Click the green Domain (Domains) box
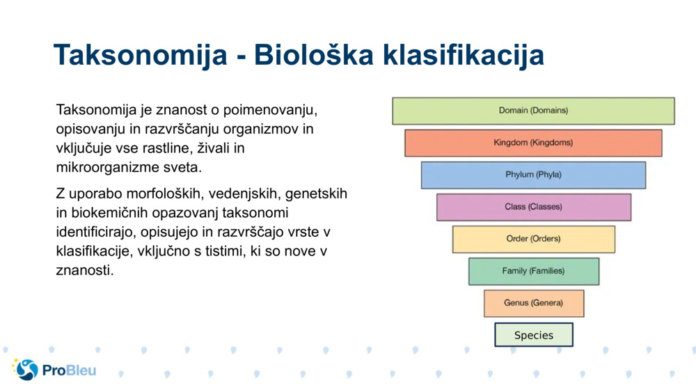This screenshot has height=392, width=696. [x=533, y=111]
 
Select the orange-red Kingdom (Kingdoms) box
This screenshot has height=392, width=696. [x=533, y=143]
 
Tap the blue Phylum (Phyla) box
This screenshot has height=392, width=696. [x=533, y=175]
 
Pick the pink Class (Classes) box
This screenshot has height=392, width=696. [x=534, y=207]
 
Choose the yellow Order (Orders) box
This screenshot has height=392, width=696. [x=534, y=239]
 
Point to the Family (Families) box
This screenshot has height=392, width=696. [x=534, y=272]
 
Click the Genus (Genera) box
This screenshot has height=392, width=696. [x=534, y=303]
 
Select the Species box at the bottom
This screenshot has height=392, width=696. [x=534, y=335]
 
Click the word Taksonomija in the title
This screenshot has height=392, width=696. [x=141, y=56]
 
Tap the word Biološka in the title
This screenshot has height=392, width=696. [x=313, y=54]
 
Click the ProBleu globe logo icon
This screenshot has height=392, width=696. [x=26, y=369]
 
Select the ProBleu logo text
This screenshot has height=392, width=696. [x=69, y=370]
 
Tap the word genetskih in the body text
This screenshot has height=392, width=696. [x=316, y=194]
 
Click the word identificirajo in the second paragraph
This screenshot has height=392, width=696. [x=95, y=232]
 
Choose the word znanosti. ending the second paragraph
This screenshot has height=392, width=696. [x=85, y=270]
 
